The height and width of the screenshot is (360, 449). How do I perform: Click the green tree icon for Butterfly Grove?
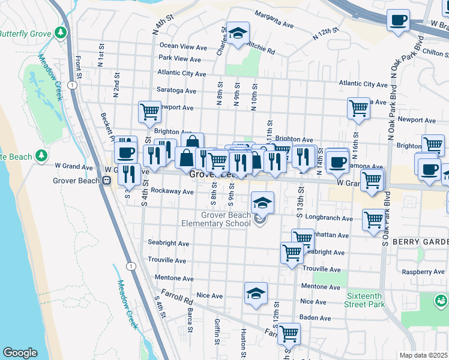tap(60, 32)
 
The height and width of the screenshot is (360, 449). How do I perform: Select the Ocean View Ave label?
tap(183, 46)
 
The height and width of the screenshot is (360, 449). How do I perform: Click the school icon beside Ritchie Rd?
tap(238, 33)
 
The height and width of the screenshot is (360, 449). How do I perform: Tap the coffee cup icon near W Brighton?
tap(397, 22)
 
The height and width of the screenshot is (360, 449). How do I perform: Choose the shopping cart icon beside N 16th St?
tap(358, 109)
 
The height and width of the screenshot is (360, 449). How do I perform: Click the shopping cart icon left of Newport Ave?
tap(149, 111)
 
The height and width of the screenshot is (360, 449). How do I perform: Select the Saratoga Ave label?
tap(176, 91)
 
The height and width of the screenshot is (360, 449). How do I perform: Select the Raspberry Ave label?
tap(423, 272)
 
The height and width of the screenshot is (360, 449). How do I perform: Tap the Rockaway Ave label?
tap(172, 192)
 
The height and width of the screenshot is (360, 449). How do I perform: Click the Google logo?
tap(20, 353)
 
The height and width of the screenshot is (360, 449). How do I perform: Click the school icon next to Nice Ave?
tap(256, 294)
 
